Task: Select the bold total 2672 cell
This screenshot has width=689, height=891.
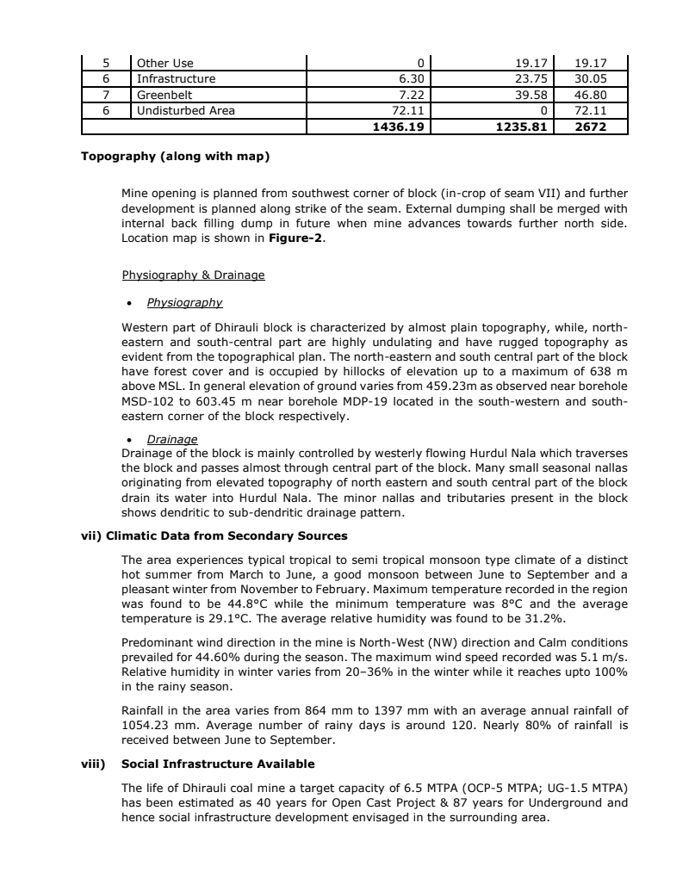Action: tap(592, 126)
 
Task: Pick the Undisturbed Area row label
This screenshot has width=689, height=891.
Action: tap(185, 110)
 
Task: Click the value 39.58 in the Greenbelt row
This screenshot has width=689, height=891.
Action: tap(531, 95)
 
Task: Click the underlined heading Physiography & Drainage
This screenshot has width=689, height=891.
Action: tap(193, 275)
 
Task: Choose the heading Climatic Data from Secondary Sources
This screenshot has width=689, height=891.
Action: tap(227, 536)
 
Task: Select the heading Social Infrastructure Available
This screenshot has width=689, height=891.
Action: tap(218, 764)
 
